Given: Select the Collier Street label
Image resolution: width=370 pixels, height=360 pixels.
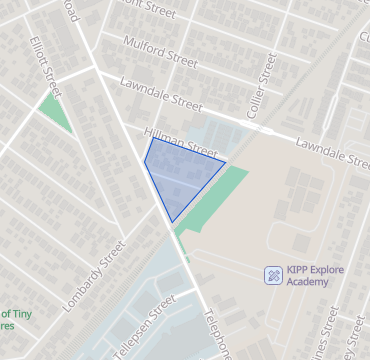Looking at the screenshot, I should click(x=267, y=81).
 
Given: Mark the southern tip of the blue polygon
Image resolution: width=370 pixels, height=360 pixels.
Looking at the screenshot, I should click(x=173, y=221).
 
